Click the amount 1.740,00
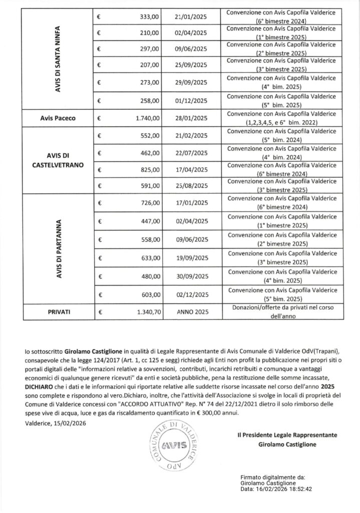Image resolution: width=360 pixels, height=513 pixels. (148, 118)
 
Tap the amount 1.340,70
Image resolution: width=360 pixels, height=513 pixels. (148, 311)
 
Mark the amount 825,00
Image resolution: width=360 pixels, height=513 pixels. (151, 169)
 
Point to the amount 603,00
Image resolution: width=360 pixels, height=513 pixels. (151, 295)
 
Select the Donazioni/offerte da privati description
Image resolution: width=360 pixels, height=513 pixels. (283, 311)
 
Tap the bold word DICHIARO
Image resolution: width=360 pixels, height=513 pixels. (44, 388)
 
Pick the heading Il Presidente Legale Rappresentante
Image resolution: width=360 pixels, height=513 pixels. (287, 435)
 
